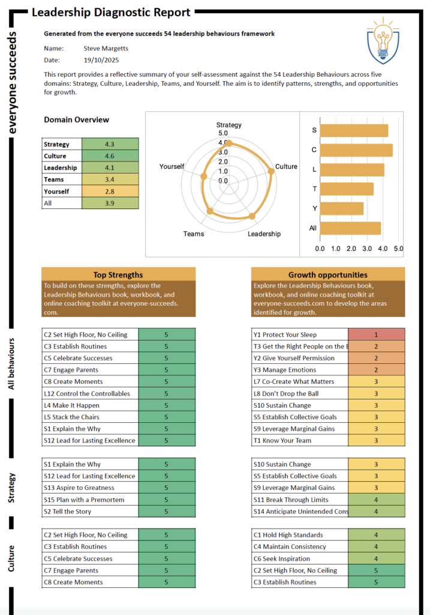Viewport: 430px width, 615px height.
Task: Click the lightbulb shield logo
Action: click(383, 40)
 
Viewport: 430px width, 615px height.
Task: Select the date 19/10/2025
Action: click(100, 60)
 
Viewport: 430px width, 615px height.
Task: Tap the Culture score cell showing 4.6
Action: click(110, 156)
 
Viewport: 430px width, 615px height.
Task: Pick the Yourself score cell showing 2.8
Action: click(110, 192)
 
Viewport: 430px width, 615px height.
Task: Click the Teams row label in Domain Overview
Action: click(54, 180)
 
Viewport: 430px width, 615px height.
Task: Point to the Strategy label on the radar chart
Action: click(228, 125)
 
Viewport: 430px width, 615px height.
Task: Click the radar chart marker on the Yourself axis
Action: click(204, 176)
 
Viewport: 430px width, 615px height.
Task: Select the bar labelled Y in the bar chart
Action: click(342, 208)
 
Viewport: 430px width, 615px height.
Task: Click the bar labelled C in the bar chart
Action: click(356, 150)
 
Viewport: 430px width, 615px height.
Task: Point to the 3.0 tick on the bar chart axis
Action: click(366, 248)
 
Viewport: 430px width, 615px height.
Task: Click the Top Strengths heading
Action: click(118, 274)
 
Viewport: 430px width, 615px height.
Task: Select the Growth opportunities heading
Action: click(327, 274)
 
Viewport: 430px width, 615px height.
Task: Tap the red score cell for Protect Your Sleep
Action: click(376, 335)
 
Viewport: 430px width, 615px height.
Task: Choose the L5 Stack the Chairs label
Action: click(71, 417)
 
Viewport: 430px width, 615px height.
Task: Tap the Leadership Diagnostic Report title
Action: click(111, 12)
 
